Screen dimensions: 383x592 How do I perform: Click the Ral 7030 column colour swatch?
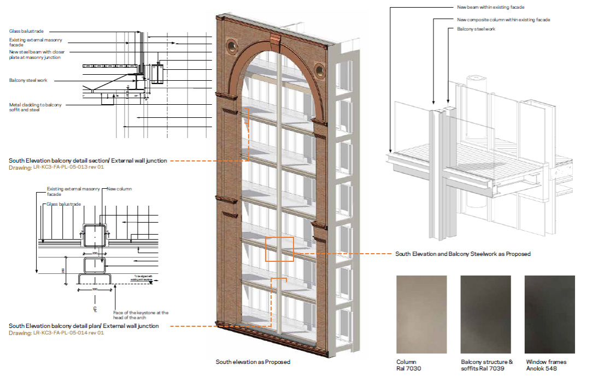pyautogui.click(x=421, y=314)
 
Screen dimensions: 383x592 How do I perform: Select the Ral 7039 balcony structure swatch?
pyautogui.click(x=485, y=314)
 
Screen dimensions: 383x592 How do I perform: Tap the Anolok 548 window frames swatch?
pyautogui.click(x=549, y=314)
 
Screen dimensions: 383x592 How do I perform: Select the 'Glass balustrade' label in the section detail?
pyautogui.click(x=26, y=32)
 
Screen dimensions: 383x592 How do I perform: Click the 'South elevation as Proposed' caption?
pyautogui.click(x=253, y=362)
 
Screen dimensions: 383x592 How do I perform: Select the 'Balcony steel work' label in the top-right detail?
pyautogui.click(x=476, y=29)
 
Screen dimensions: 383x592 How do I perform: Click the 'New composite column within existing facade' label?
pyautogui.click(x=503, y=20)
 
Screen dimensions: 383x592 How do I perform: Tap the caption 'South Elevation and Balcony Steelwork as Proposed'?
pyautogui.click(x=462, y=254)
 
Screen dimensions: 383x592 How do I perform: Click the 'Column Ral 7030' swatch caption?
pyautogui.click(x=409, y=365)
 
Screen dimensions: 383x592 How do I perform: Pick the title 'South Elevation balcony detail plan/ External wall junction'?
pyautogui.click(x=84, y=326)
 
